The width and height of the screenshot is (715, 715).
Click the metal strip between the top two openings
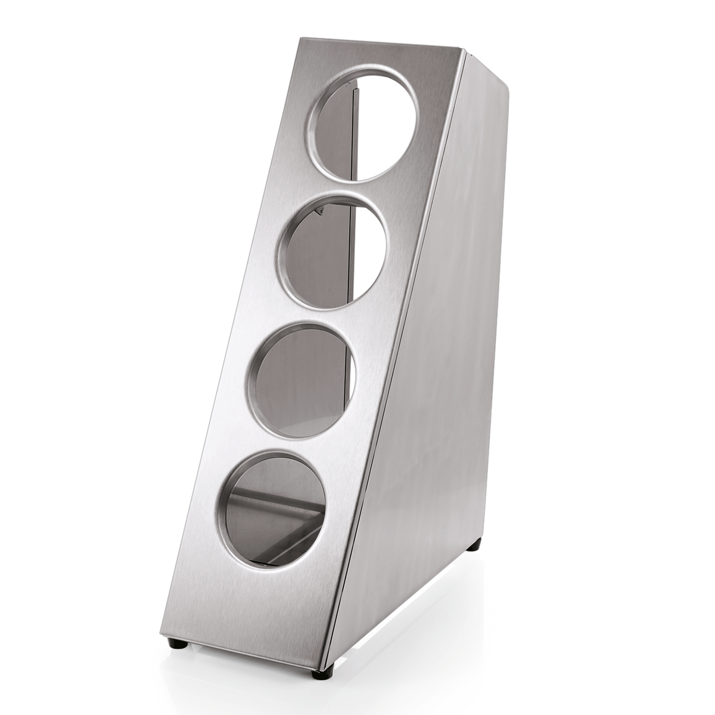(348, 188)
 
